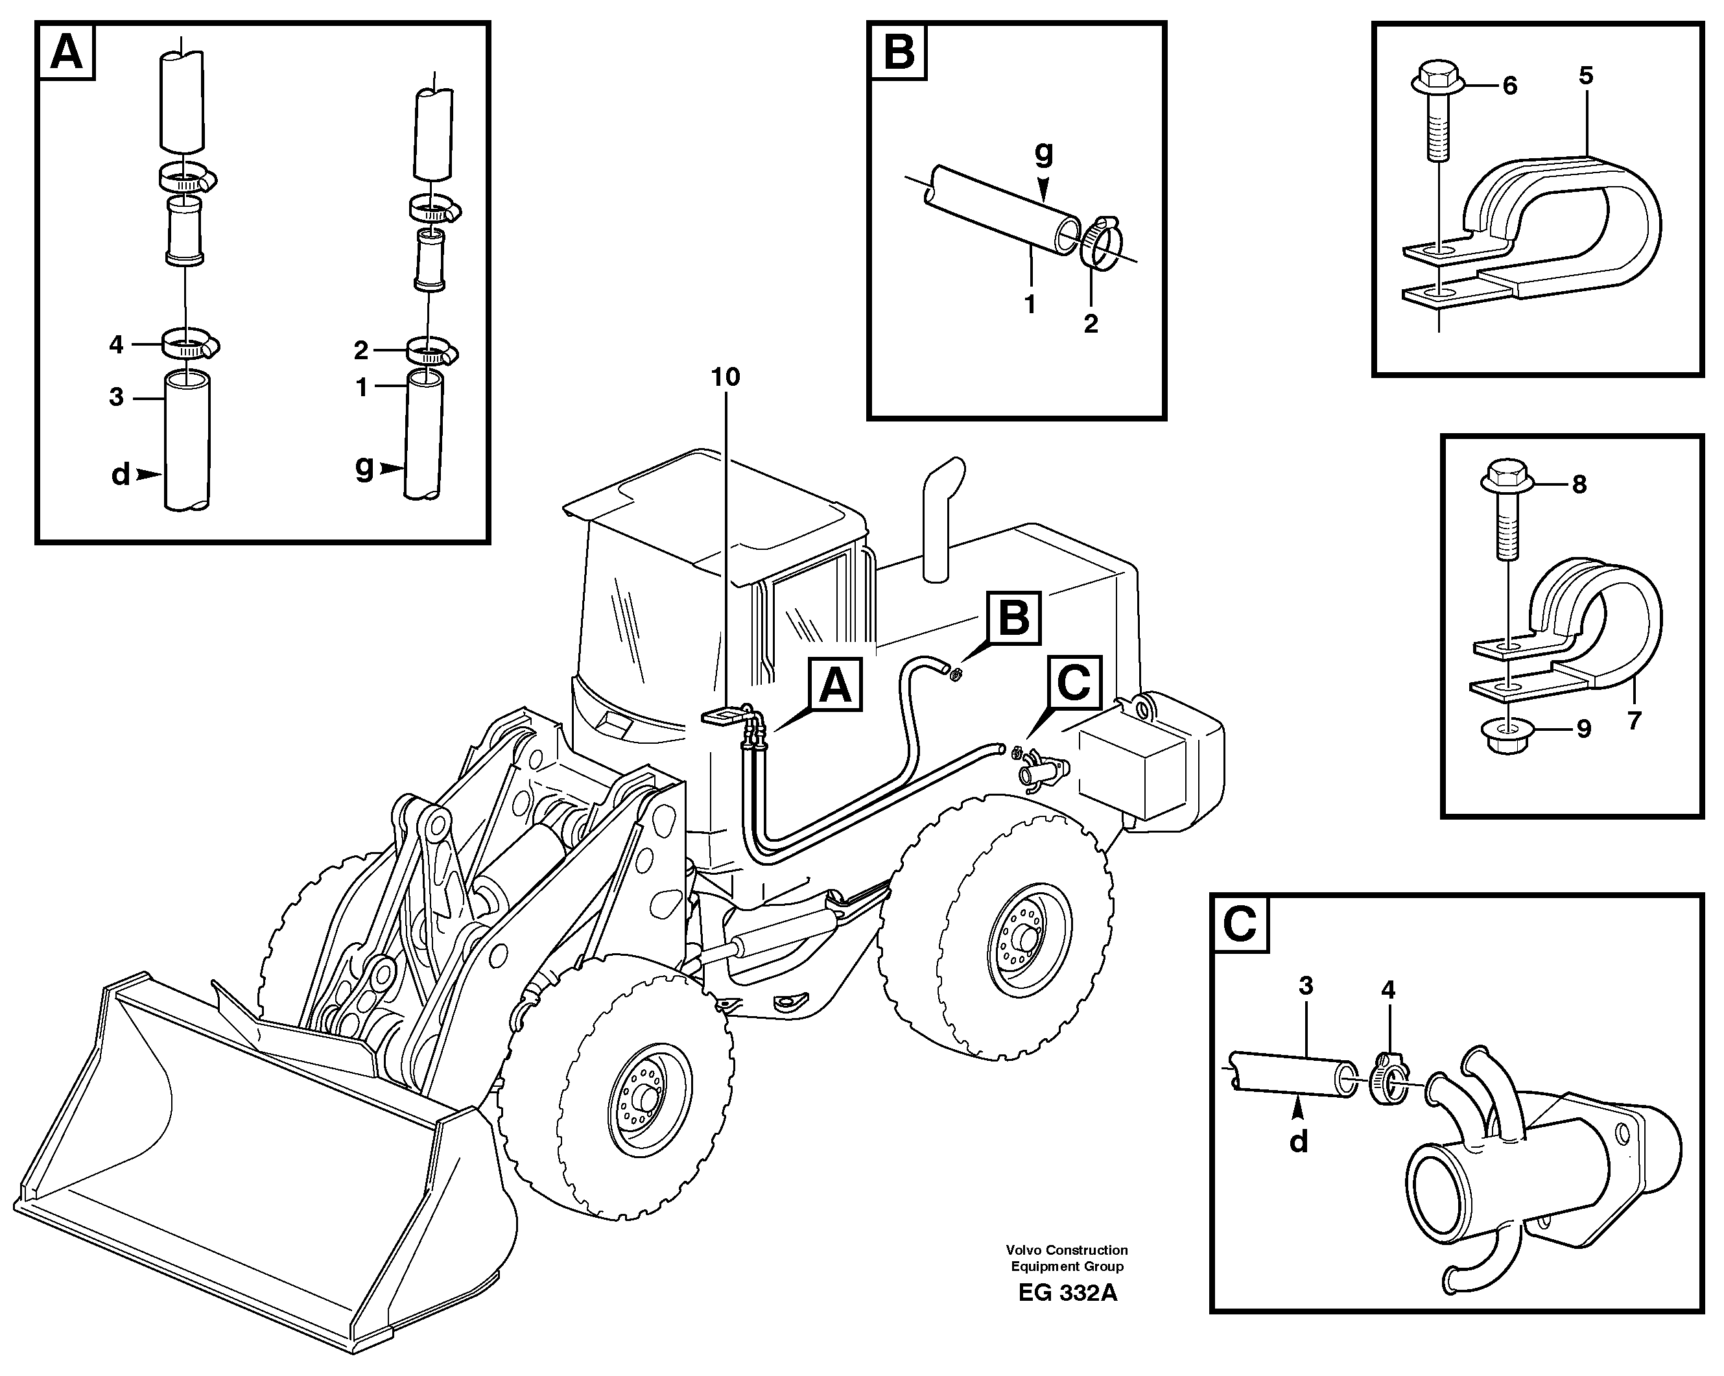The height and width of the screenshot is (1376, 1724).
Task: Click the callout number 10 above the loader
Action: click(726, 377)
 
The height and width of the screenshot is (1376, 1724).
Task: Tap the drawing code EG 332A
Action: click(1067, 1315)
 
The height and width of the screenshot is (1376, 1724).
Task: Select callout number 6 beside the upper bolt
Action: click(1509, 86)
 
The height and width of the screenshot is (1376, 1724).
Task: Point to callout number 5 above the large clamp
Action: click(1586, 76)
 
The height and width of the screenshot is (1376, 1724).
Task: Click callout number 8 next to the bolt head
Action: click(1579, 484)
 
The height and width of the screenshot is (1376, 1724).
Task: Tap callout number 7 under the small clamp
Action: click(1634, 720)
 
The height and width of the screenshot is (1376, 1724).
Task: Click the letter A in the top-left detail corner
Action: click(66, 53)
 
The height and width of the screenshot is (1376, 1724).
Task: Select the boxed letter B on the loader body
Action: click(1014, 618)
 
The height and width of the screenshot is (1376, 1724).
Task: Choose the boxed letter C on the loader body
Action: click(1073, 683)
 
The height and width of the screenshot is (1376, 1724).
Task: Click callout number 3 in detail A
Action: click(117, 397)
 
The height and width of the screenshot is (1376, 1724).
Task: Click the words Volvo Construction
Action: click(1067, 1250)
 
